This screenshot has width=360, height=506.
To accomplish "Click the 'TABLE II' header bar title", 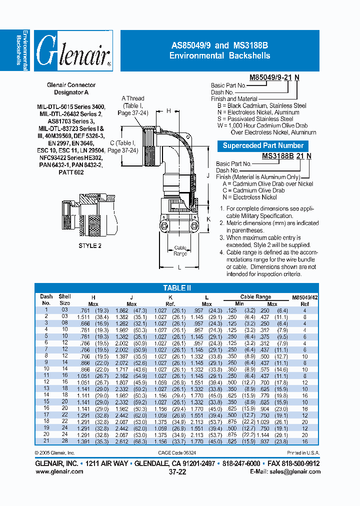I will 177,288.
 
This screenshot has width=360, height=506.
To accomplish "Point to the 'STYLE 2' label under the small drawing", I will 90,245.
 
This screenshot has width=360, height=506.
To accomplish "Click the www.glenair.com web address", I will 59,471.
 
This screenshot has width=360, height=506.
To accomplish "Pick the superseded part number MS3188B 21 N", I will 287,155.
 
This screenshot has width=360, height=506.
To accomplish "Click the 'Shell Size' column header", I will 65,299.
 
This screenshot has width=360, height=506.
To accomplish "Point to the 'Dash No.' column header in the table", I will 46,299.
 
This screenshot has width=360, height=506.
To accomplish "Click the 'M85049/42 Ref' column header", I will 304,300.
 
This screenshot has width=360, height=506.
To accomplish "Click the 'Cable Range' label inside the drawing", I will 180,250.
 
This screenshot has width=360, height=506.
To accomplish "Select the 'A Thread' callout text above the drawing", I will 133,98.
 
